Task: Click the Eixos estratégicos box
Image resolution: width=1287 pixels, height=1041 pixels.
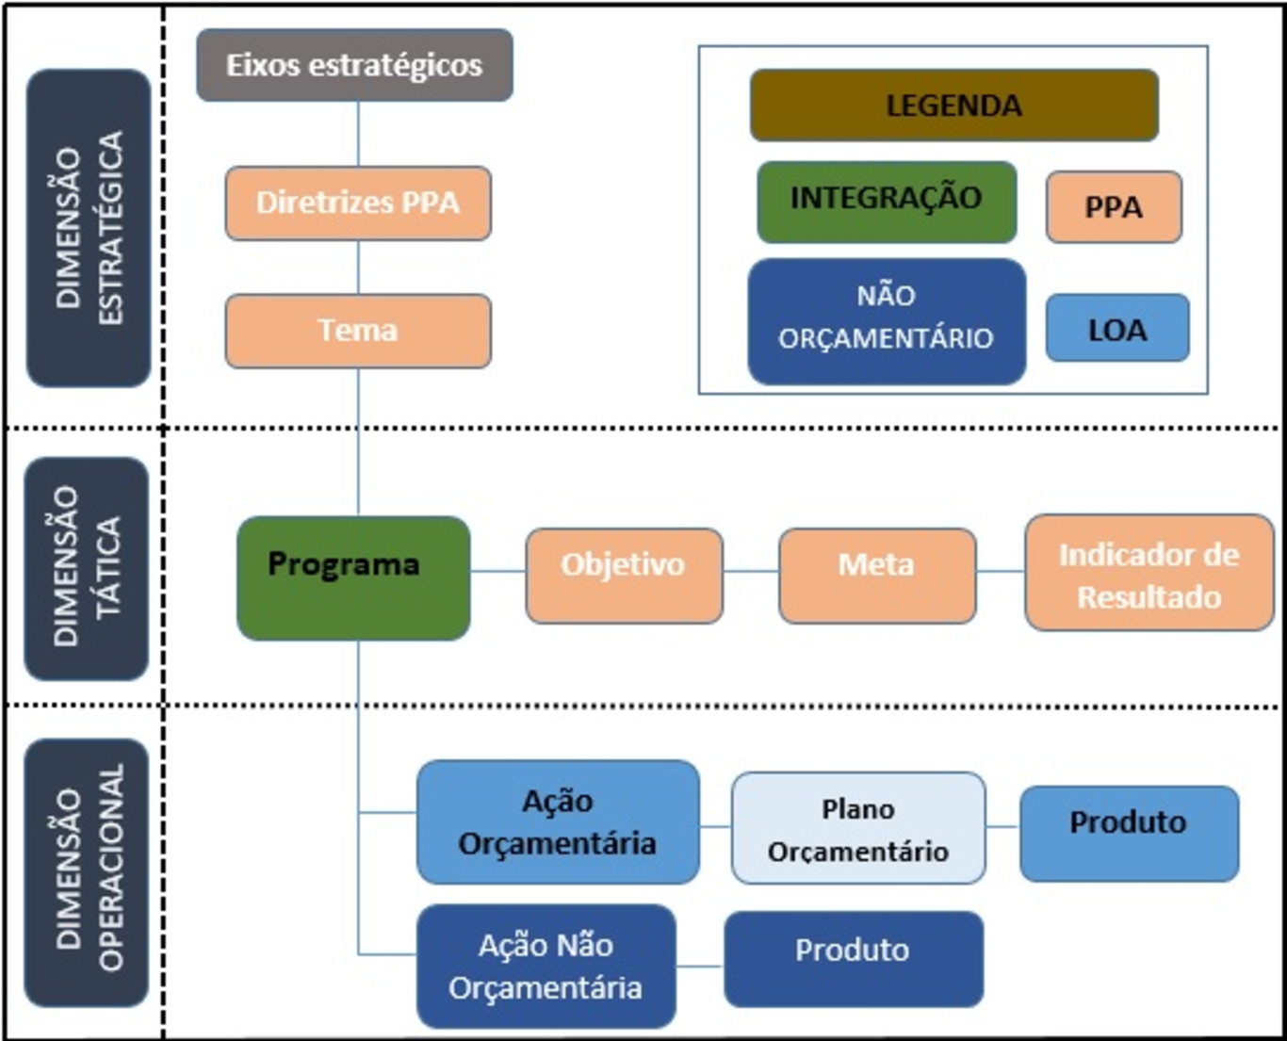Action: [355, 65]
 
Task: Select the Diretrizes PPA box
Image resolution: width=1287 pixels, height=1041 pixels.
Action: [358, 203]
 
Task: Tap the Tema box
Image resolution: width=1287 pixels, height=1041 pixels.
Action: [358, 331]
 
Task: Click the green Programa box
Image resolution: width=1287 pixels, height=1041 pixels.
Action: [353, 578]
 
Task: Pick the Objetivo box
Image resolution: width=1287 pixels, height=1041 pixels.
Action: [624, 576]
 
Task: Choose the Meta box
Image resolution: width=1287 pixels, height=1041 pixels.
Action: [877, 576]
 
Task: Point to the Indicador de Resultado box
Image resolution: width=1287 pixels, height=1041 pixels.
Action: [1149, 573]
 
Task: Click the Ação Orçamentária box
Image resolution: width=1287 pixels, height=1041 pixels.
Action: [559, 822]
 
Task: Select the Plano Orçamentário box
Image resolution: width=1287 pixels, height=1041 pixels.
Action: [858, 828]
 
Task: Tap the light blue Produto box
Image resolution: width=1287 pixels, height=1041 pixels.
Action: [1130, 834]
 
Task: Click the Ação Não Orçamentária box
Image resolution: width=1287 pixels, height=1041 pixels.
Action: [546, 966]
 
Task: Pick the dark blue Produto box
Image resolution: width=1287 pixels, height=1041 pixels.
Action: [854, 959]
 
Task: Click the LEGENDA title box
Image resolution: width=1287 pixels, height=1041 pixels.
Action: [954, 106]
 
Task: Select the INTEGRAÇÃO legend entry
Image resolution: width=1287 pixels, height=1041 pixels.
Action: [887, 203]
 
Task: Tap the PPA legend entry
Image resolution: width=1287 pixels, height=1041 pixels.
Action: [1114, 207]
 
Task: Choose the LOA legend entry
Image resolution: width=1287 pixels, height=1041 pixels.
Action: [1117, 328]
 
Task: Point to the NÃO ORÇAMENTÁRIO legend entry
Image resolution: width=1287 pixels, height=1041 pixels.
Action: [887, 321]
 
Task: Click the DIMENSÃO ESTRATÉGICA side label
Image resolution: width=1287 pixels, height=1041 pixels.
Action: [89, 228]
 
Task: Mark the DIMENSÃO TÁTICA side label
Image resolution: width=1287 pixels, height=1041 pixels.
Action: [87, 568]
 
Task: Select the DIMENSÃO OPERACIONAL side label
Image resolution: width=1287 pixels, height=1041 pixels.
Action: [87, 872]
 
